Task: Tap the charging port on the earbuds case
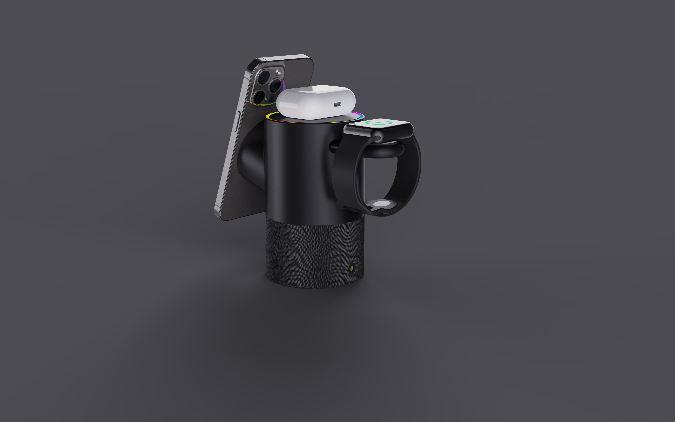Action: (x=338, y=104)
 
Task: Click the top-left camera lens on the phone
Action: (x=263, y=77)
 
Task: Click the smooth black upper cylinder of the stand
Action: (x=296, y=167)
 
